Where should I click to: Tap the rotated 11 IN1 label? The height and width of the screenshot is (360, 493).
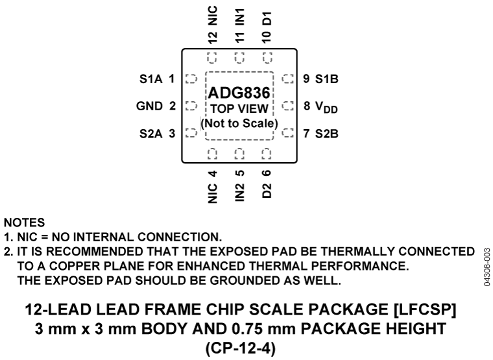(x=239, y=23)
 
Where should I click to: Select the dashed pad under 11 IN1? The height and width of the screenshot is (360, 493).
(x=239, y=57)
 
